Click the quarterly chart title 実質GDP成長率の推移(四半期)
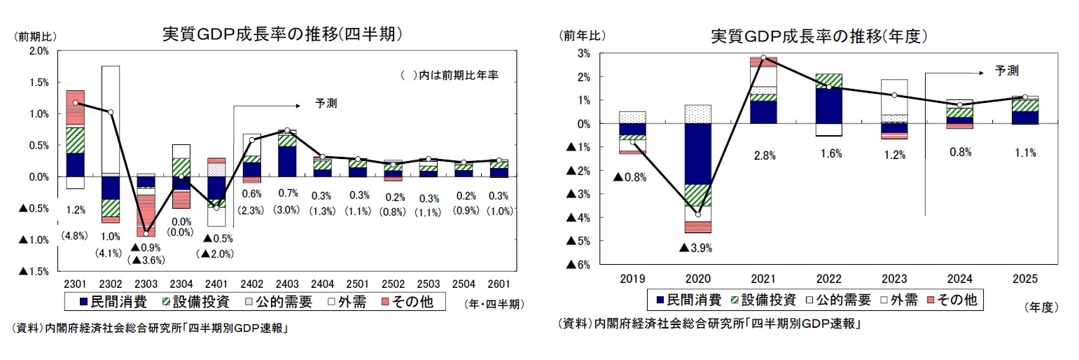pos(281,34)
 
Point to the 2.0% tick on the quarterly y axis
pos(38,50)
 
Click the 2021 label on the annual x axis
pos(763,278)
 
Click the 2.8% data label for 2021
pos(764,156)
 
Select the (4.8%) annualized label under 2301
pos(75,235)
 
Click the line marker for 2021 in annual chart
pos(763,57)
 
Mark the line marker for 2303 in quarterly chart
pos(146,233)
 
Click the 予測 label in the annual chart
pos(1006,71)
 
